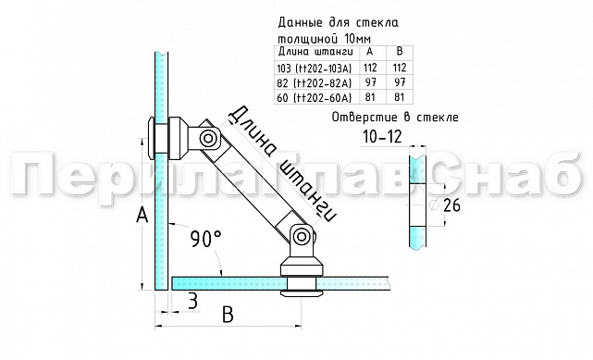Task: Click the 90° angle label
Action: click(x=205, y=238)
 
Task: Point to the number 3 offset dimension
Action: click(x=191, y=300)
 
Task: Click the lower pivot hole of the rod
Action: click(x=299, y=238)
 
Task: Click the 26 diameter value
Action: click(x=451, y=205)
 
